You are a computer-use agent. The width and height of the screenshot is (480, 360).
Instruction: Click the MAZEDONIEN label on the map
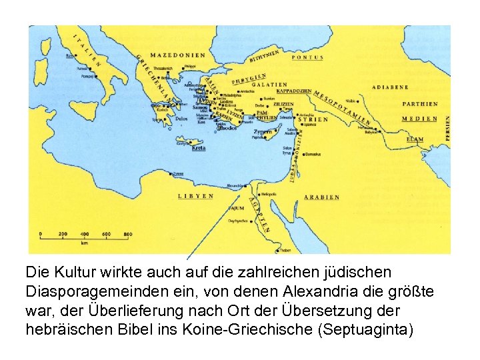[x=178, y=55]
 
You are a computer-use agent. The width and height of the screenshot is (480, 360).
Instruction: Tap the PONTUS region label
[x=307, y=58]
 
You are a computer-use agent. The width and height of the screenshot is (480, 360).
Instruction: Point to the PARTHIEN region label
[x=420, y=104]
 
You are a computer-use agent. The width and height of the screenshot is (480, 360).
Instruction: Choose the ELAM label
[x=415, y=139]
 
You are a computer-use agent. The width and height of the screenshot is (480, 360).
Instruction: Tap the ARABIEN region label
[x=321, y=197]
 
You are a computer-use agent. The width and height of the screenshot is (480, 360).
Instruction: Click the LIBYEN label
[x=195, y=196]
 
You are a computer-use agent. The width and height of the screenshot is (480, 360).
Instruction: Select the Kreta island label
[x=199, y=148]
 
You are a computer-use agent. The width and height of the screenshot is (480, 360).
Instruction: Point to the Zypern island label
[x=263, y=132]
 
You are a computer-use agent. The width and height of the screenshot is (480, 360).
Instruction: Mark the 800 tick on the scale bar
[x=127, y=234]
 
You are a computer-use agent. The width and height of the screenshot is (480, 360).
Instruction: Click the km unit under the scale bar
[x=85, y=243]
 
